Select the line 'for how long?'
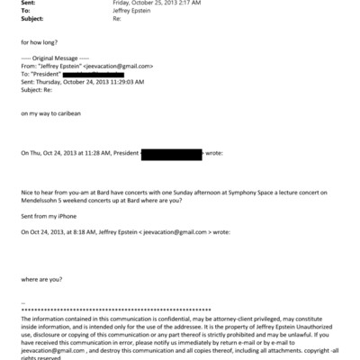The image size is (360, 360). (x=38, y=41)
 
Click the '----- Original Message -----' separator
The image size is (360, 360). (x=50, y=58)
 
